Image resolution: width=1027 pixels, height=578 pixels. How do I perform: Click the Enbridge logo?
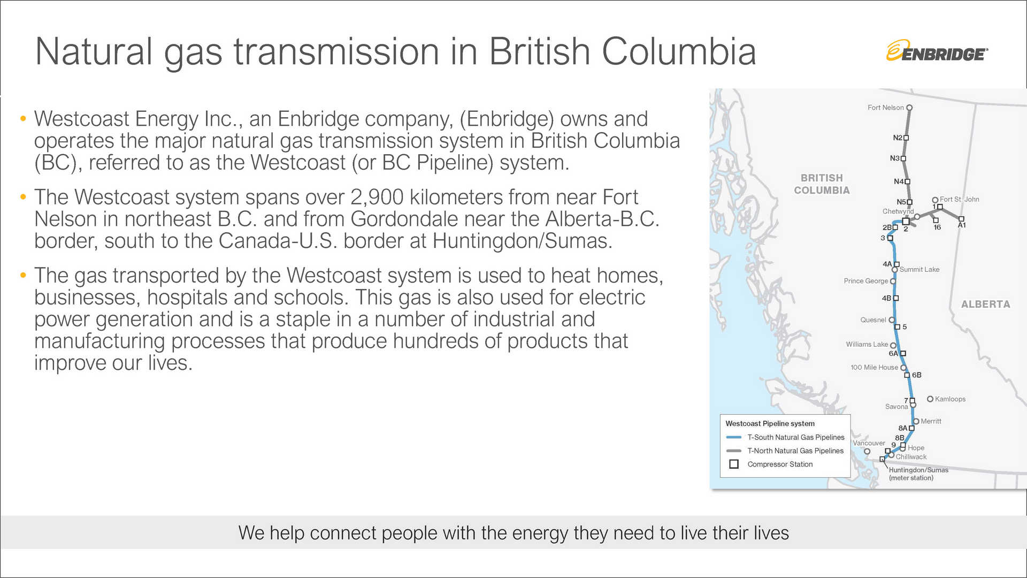[937, 51]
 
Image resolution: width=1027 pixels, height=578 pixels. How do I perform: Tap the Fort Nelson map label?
[885, 108]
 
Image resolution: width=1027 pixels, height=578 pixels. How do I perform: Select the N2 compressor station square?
[906, 138]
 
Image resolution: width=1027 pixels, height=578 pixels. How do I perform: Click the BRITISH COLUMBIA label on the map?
[822, 184]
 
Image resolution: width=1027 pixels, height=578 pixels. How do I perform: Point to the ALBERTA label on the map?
[985, 305]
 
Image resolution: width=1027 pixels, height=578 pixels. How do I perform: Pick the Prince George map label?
[865, 281]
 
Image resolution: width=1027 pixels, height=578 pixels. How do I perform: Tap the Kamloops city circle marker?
[930, 399]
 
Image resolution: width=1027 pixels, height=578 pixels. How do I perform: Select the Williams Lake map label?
[867, 345]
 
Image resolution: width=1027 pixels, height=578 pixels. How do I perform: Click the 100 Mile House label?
[874, 368]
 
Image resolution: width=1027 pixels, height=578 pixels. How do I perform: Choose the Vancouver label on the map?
[869, 443]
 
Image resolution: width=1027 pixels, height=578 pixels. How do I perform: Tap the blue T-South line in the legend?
[734, 437]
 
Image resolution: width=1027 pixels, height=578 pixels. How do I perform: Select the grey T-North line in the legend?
[734, 451]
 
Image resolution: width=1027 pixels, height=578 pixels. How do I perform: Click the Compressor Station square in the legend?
[734, 465]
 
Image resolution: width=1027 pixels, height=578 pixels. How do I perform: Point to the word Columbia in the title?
[679, 52]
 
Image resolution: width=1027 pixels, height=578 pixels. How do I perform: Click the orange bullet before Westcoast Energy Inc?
[23, 119]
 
